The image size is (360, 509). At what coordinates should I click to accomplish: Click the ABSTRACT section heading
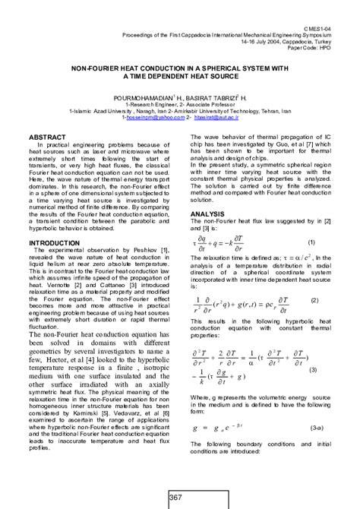point(48,137)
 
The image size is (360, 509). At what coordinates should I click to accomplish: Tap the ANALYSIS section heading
point(207,214)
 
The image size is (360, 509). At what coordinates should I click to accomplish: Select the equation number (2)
point(314,300)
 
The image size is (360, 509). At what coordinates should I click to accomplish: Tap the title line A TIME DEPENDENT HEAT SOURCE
point(179,77)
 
